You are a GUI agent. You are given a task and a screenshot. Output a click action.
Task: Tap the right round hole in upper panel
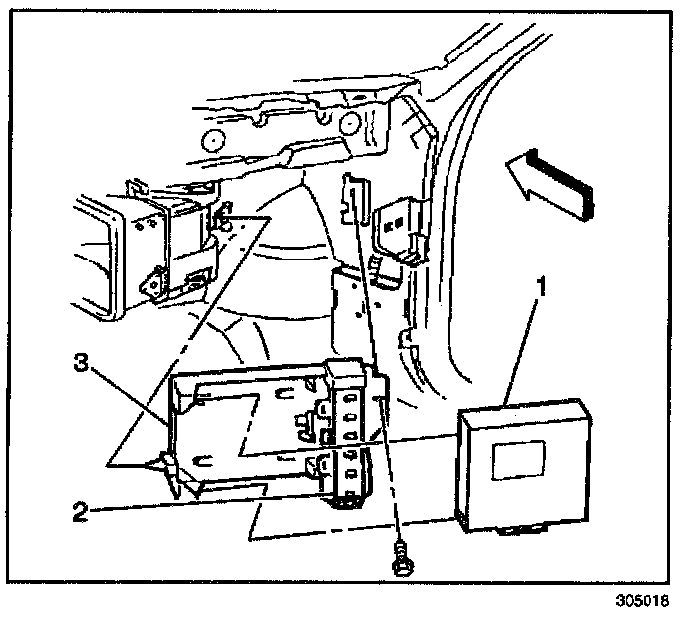point(350,123)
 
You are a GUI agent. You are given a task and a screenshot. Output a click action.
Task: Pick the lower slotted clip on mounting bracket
point(348,474)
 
